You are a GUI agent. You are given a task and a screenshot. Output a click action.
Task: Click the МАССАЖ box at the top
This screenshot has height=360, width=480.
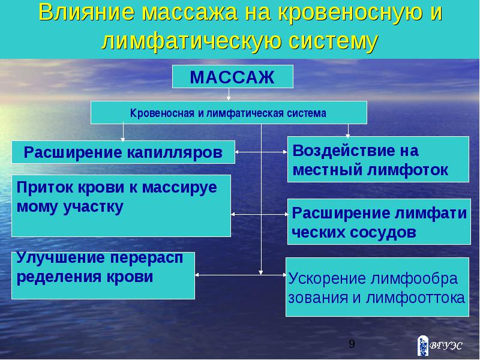233,77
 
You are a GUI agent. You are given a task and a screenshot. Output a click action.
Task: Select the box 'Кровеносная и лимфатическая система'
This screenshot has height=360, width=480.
229,113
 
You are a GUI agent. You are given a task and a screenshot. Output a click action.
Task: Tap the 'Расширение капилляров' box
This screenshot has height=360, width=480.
123,152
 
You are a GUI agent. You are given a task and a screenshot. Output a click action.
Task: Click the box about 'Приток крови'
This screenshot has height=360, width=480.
121,205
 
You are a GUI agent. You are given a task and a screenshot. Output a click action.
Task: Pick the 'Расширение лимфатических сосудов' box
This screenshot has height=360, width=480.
379,221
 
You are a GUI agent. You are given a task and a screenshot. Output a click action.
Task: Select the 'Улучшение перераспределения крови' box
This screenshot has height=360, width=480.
103,275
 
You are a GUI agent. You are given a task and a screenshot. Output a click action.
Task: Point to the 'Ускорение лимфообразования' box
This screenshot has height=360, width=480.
376,287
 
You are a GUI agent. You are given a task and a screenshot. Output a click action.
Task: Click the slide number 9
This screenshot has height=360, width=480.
352,344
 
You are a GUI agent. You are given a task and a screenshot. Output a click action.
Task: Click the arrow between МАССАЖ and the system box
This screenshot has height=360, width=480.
229,95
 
